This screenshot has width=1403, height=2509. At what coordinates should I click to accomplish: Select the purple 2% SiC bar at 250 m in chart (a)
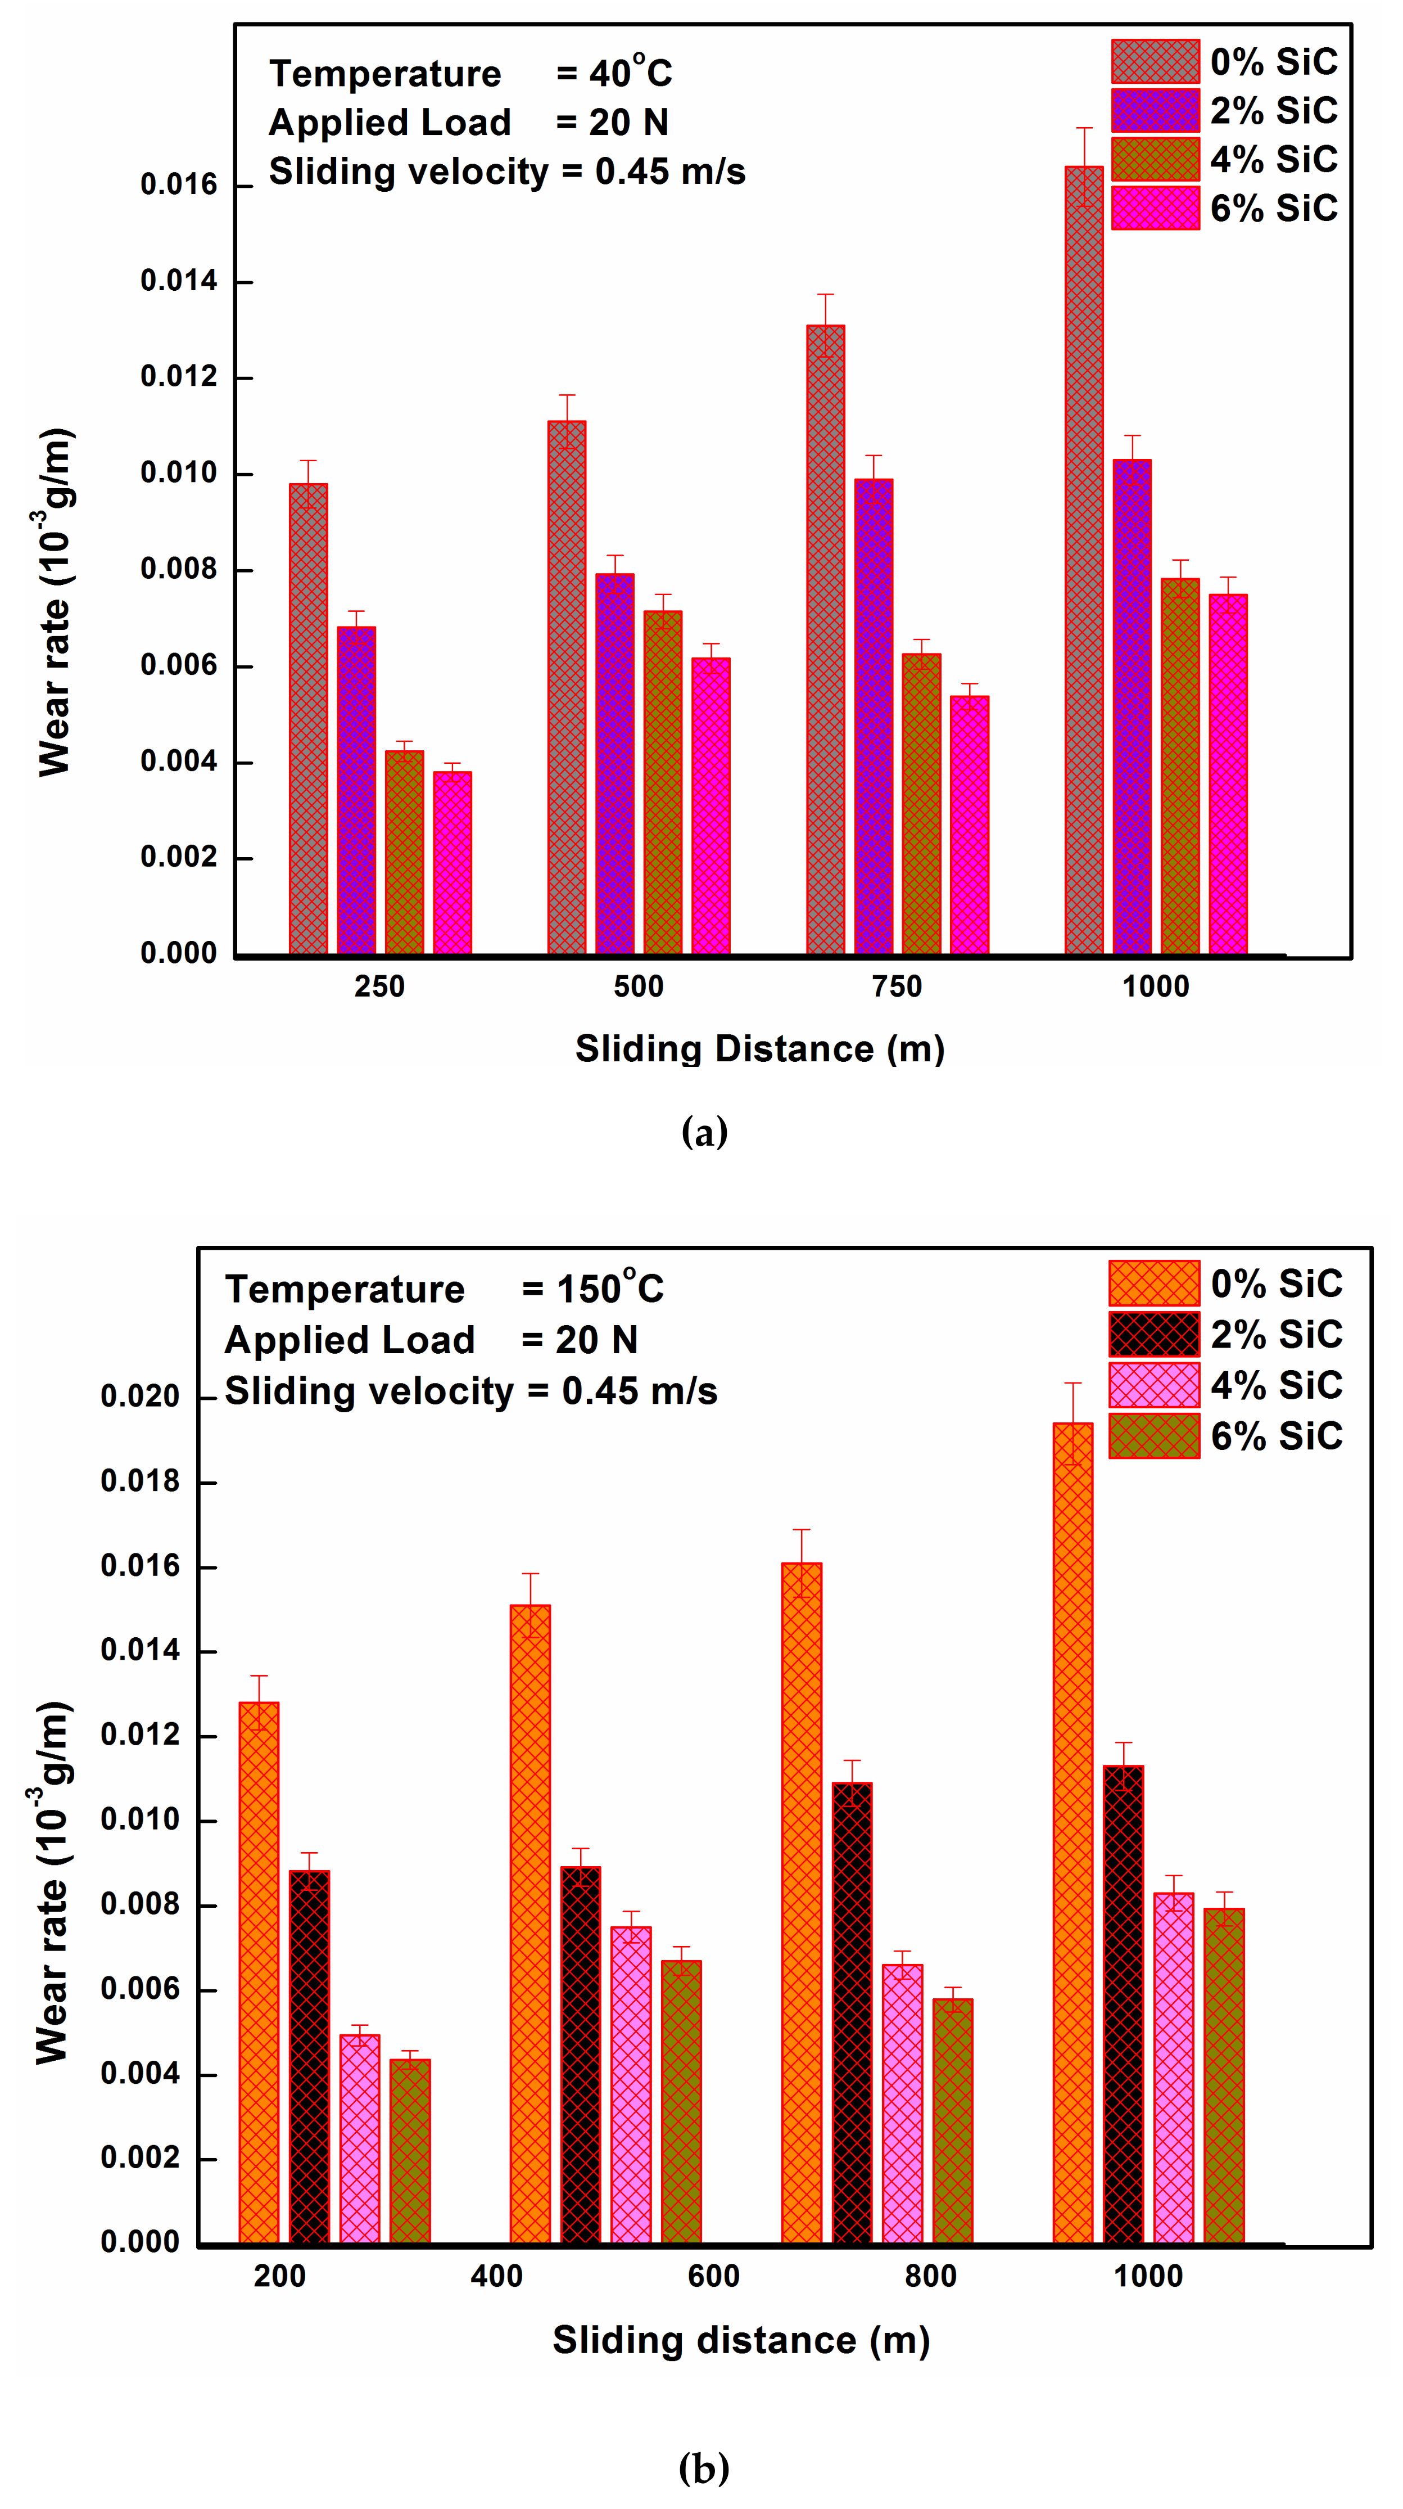pos(356,790)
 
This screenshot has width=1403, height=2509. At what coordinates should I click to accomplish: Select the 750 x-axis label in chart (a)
pos(897,987)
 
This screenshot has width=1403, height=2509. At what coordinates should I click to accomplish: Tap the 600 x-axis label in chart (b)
pos(714,2276)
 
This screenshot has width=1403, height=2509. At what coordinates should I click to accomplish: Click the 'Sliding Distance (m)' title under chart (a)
pos(759,1049)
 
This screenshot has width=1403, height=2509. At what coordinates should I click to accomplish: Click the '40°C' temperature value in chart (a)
pos(630,73)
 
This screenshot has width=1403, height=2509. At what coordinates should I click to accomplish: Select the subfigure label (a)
pos(704,1132)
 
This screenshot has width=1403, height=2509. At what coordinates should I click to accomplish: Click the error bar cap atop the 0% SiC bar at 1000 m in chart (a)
pos(1084,128)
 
